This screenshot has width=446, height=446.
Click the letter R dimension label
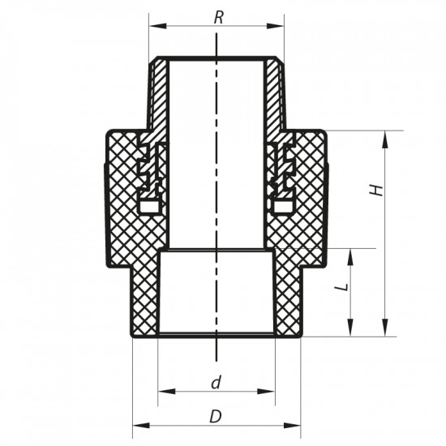tap(217, 16)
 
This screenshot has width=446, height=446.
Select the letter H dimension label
tap(375, 190)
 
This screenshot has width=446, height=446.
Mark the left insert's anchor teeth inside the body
tap(148, 174)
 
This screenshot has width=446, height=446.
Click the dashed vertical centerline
tap(217, 203)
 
